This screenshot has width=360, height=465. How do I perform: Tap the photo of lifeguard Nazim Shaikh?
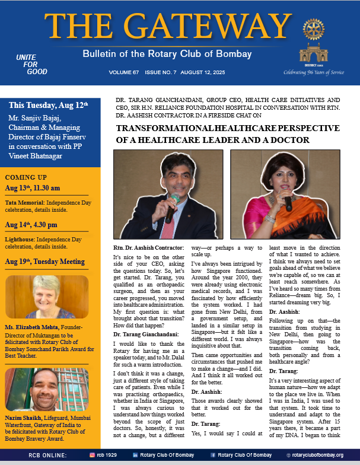pyautogui.click(x=47, y=390)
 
